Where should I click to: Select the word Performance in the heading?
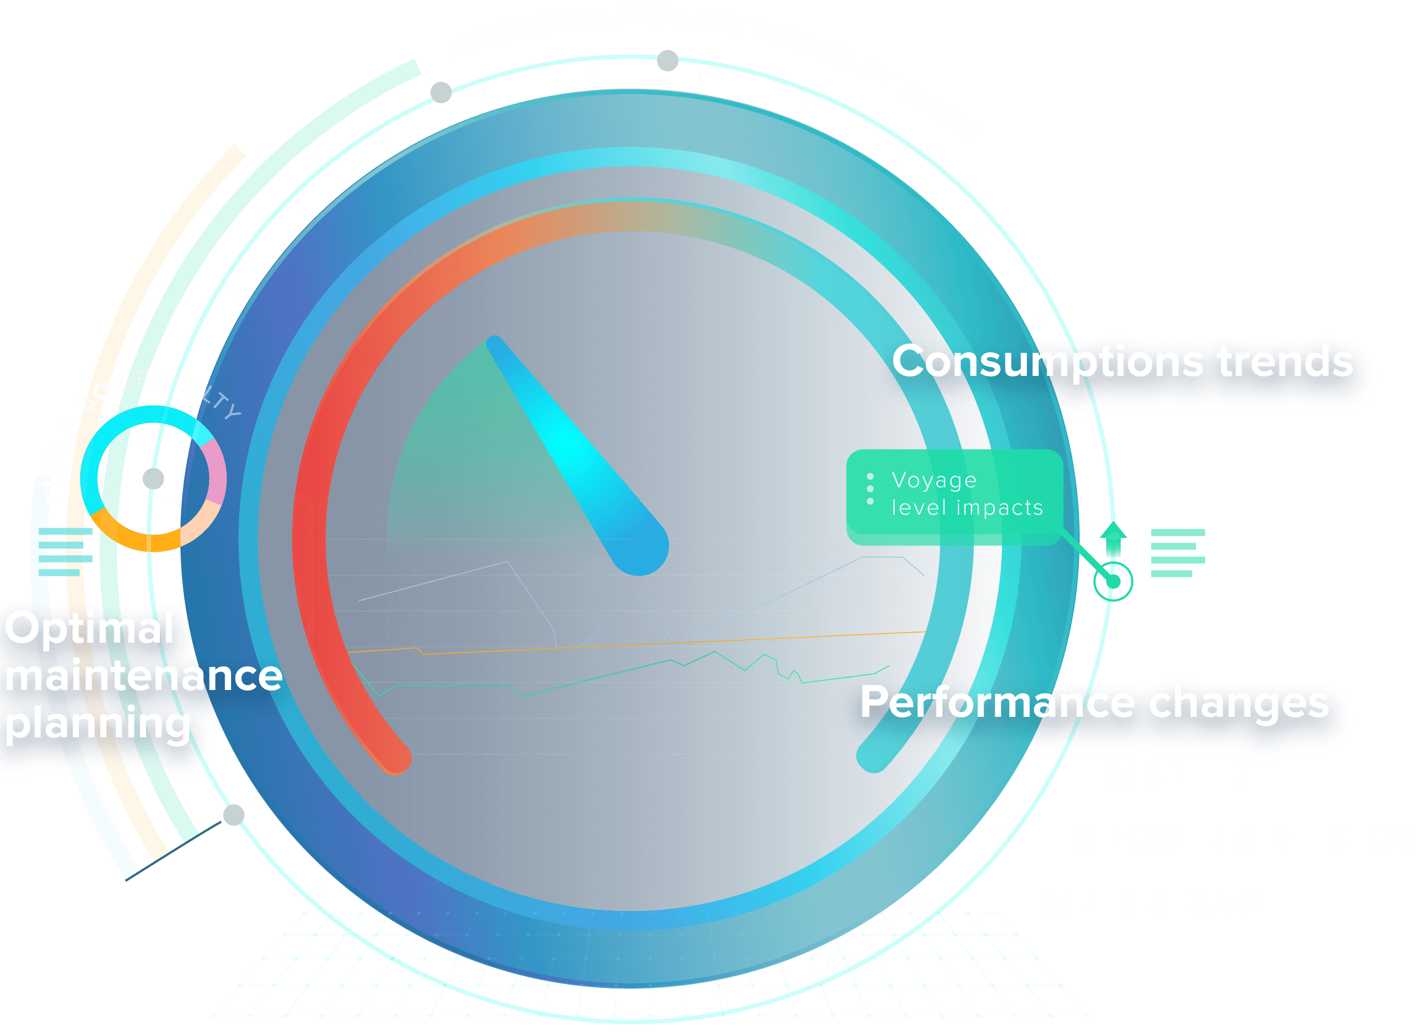click(997, 702)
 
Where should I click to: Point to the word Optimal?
click(89, 628)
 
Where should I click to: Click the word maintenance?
click(143, 675)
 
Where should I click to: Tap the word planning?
click(97, 724)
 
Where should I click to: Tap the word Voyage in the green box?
click(933, 480)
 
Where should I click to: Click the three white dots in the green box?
click(870, 488)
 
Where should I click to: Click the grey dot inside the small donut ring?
click(153, 478)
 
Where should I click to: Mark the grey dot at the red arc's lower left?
click(233, 815)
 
